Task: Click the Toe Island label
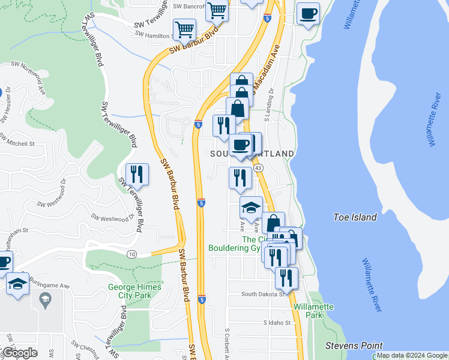355,217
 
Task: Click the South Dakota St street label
262,294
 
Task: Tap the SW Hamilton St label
154,35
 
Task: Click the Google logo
20,353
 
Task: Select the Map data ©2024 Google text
412,355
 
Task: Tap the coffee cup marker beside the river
308,13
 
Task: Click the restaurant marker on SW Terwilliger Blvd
137,174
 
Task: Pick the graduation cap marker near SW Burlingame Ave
18,283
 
